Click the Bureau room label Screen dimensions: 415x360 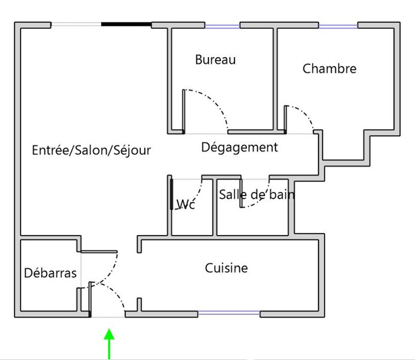[215, 60]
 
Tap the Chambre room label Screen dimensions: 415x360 [329, 68]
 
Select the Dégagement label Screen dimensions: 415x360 [240, 147]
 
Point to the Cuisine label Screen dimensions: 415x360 [226, 268]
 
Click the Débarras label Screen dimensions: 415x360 [50, 272]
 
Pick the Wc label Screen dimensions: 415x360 [186, 205]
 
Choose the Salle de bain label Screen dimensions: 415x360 [257, 195]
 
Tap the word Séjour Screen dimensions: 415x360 [132, 150]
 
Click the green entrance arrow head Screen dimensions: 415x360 [109, 334]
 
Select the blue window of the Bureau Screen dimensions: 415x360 [222, 26]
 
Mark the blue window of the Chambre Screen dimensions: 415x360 [338, 26]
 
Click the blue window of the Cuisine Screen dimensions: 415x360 [229, 314]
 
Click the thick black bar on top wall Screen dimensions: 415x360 [127, 25]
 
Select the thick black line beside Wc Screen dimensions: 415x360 [171, 195]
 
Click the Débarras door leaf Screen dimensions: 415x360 [99, 252]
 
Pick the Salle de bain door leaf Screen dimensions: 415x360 [241, 193]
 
